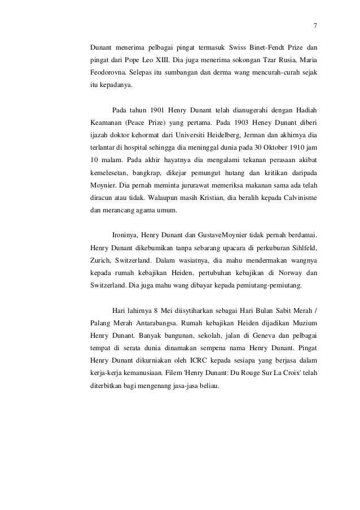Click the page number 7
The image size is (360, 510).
click(315, 26)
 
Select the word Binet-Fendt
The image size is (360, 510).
click(257, 45)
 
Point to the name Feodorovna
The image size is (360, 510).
click(107, 73)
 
